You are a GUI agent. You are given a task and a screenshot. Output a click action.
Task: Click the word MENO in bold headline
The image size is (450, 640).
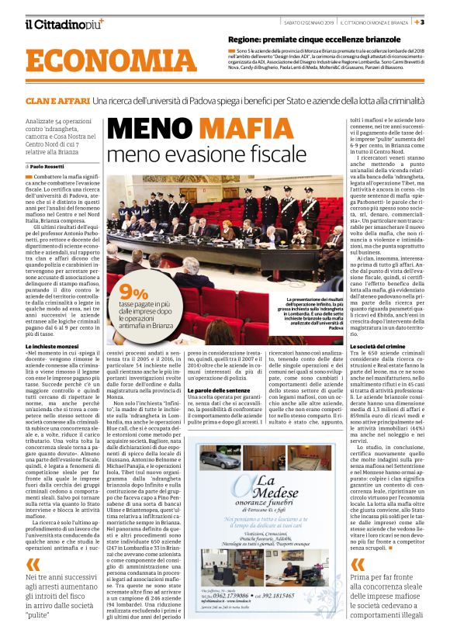(x=142, y=127)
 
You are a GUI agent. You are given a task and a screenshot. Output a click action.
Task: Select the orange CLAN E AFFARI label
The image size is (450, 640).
(x=56, y=102)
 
